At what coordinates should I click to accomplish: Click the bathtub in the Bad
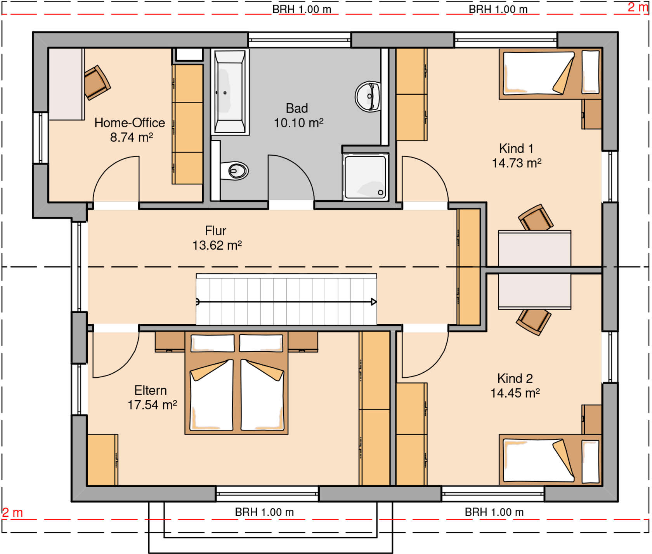[230, 92]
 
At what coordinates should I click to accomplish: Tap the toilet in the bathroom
[234, 170]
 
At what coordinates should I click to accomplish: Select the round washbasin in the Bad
[368, 96]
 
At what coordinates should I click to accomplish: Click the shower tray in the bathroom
[366, 177]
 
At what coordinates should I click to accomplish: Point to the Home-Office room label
[130, 123]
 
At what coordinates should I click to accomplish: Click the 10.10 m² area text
[298, 123]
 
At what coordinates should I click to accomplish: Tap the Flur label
[215, 231]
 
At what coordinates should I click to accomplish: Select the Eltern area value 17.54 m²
[152, 405]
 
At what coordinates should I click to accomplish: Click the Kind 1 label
[516, 148]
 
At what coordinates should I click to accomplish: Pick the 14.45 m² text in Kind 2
[515, 393]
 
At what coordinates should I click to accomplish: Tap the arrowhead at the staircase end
[374, 302]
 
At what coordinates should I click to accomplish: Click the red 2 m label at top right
[638, 7]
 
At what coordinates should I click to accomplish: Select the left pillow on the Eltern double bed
[213, 343]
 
